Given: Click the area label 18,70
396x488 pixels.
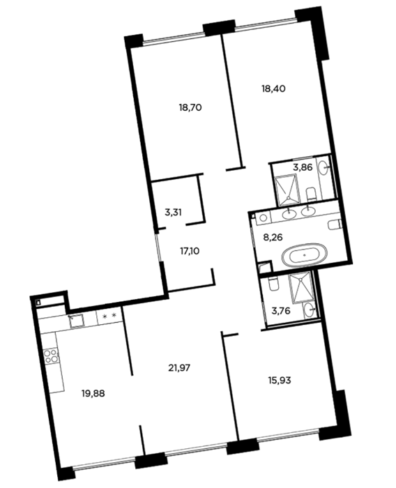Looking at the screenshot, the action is coord(190,107).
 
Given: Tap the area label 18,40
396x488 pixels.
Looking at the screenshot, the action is coord(273,89).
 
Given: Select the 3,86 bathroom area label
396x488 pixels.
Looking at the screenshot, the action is coord(303,167).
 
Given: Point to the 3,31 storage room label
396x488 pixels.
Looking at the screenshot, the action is coord(173,212).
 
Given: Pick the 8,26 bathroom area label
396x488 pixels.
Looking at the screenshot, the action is coord(273,238).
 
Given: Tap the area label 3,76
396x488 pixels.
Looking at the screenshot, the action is coord(281,311).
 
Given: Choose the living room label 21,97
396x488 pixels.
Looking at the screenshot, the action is coord(179,368).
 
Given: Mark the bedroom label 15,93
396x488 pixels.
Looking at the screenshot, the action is coord(280,380).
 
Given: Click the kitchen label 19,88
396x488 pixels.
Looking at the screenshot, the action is coord(93,394).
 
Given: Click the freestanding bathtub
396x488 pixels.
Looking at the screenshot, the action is coord(305,254).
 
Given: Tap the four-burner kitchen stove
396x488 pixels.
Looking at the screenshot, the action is coord(51,356).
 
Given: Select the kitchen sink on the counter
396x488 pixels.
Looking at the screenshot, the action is coord(76,321).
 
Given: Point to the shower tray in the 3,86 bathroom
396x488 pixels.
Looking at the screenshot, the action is coord(286,188).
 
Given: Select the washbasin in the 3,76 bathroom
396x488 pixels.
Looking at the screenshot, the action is coord(310,310).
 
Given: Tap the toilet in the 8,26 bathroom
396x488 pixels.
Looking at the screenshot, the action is coord(335,224).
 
